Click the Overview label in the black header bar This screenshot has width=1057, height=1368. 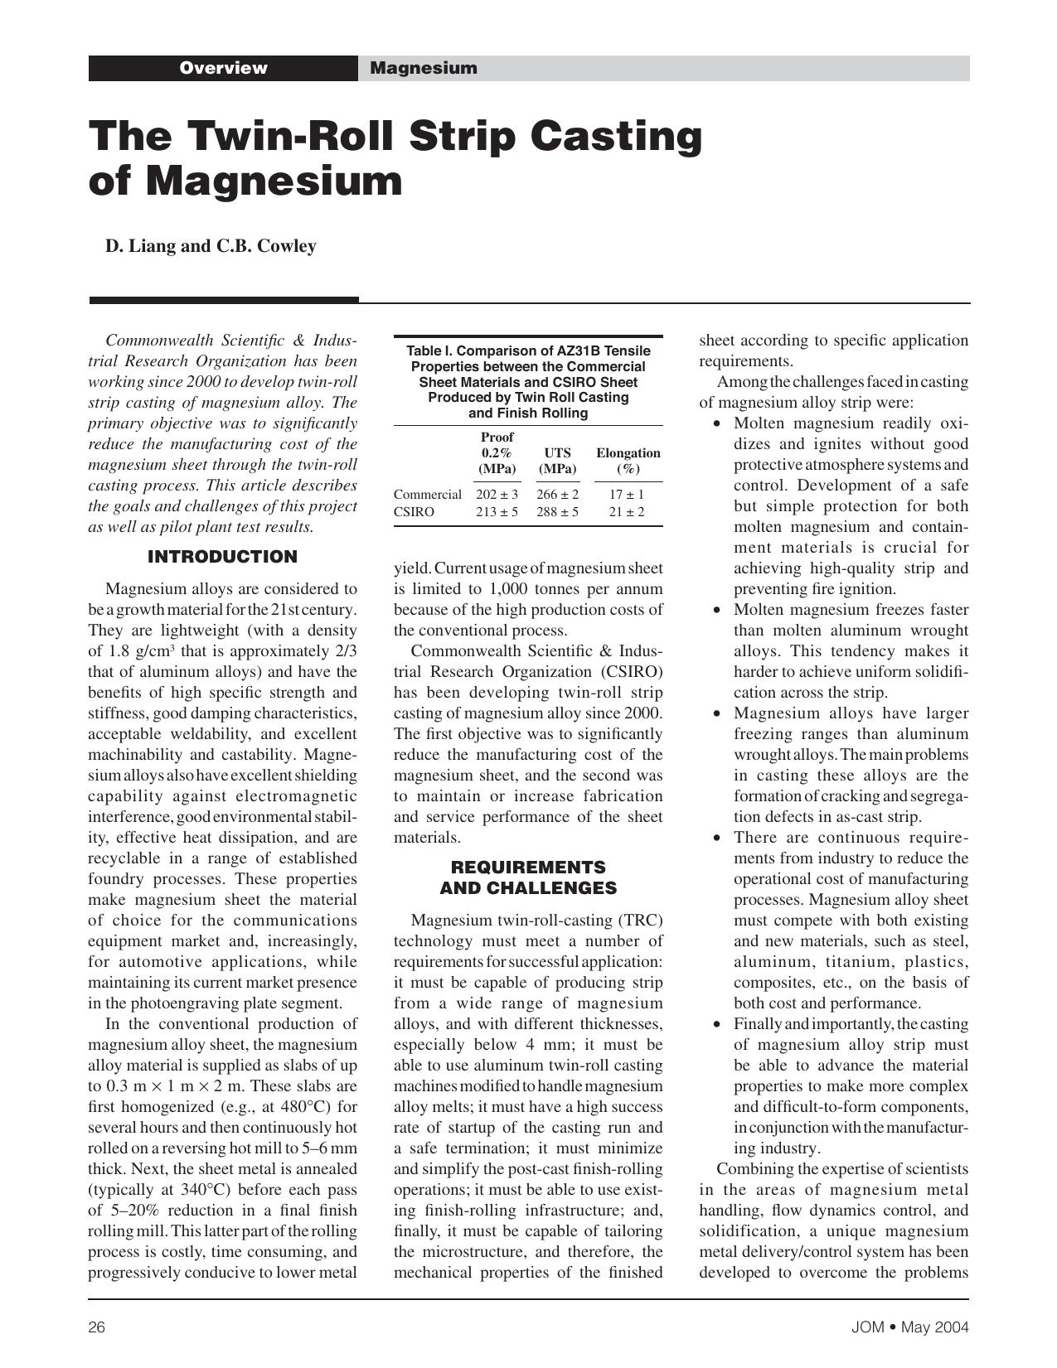pos(223,68)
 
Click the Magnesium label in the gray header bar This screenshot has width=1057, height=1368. pos(423,68)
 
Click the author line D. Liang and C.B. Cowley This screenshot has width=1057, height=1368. pos(211,246)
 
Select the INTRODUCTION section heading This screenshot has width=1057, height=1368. pos(222,557)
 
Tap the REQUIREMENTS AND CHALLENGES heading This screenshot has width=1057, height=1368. pos(528,877)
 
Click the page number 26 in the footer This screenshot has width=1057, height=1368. pos(96,1327)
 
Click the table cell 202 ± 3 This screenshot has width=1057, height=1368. pos(497,495)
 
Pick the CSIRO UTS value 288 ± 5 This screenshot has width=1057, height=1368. pos(557,512)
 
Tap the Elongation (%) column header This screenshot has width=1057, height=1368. pos(628,461)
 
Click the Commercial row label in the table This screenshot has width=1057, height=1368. pos(427,495)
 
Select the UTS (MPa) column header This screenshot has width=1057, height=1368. pos(557,461)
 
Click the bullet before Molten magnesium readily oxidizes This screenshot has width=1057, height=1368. pos(717,424)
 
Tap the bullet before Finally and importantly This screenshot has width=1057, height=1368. pos(717,1025)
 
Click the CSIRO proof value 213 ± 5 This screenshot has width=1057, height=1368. pos(497,512)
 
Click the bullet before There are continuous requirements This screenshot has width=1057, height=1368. pos(717,839)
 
